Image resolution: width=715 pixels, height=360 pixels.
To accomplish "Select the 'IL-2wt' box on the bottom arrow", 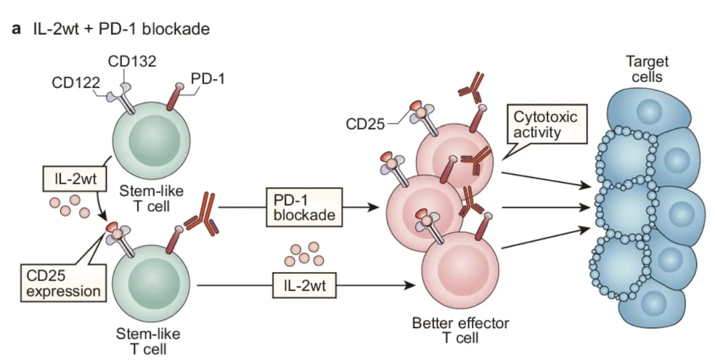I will coord(305,287).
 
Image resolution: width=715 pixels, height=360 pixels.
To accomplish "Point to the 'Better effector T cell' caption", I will coord(452,330).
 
